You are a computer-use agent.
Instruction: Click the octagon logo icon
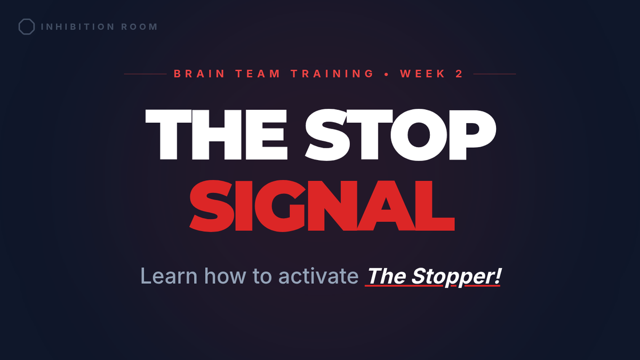[27, 27]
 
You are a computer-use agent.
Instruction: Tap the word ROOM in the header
[139, 27]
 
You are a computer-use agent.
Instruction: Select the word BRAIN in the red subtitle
[199, 74]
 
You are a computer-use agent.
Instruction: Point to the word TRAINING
[332, 74]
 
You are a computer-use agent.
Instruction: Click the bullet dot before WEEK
[387, 74]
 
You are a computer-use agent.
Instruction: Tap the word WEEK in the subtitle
[422, 74]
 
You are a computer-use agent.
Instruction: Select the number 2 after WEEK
[459, 74]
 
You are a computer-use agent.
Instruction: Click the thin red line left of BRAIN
[145, 74]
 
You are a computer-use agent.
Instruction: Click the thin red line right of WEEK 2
[494, 74]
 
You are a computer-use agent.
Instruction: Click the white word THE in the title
[217, 134]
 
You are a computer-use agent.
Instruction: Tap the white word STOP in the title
[401, 134]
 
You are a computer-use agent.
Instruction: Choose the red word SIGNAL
[322, 206]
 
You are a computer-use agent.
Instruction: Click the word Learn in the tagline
[169, 276]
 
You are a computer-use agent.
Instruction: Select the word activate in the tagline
[318, 276]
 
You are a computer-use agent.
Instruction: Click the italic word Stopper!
[457, 277]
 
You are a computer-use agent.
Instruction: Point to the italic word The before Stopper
[387, 276]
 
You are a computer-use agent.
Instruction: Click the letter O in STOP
[418, 134]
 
